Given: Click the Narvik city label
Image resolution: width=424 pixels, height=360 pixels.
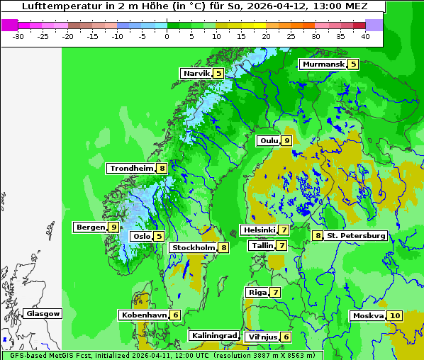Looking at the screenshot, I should pyautogui.click(x=196, y=73).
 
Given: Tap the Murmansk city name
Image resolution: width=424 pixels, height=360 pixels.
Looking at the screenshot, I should pyautogui.click(x=323, y=64).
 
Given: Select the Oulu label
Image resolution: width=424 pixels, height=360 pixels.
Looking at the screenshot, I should pyautogui.click(x=268, y=140).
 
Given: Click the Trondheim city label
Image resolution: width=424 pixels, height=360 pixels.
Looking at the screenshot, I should pyautogui.click(x=131, y=169).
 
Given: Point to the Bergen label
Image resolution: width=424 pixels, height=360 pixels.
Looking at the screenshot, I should pyautogui.click(x=90, y=227).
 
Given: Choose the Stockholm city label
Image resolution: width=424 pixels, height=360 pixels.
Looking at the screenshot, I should pyautogui.click(x=193, y=247).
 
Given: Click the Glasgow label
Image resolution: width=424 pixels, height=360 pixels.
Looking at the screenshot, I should pyautogui.click(x=43, y=313).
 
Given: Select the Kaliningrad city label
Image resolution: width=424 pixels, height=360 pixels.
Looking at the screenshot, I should pyautogui.click(x=214, y=335).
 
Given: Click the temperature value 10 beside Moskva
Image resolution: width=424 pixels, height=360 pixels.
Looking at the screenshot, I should pyautogui.click(x=395, y=315).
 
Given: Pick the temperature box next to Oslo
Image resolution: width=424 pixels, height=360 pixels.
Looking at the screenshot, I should pyautogui.click(x=159, y=236).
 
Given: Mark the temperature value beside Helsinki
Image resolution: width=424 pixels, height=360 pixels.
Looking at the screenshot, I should pyautogui.click(x=284, y=230).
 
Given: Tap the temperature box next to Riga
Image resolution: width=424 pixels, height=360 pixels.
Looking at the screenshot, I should pyautogui.click(x=275, y=292).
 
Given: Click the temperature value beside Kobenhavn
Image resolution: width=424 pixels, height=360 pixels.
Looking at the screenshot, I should pyautogui.click(x=175, y=315).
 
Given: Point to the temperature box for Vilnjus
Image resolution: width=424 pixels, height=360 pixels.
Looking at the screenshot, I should pyautogui.click(x=286, y=337).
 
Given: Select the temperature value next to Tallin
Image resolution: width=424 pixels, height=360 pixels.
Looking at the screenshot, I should pyautogui.click(x=281, y=245).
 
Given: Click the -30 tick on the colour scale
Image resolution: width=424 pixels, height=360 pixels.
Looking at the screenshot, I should pyautogui.click(x=18, y=35).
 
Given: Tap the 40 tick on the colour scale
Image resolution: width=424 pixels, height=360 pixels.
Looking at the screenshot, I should pyautogui.click(x=365, y=35).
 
